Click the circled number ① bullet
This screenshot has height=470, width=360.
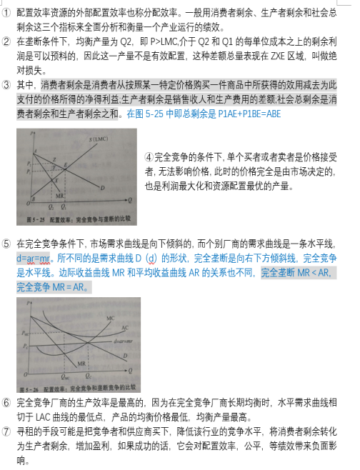[x=6, y=14]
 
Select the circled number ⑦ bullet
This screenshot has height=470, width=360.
[x=6, y=431]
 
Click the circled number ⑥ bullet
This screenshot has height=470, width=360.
[x=6, y=402]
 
